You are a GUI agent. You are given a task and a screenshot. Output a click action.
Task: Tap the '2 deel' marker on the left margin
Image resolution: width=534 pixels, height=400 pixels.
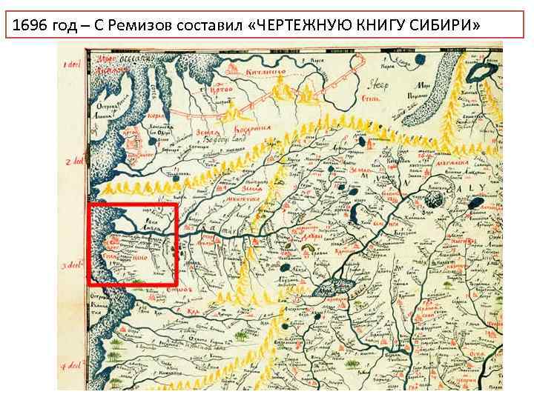tap(73, 161)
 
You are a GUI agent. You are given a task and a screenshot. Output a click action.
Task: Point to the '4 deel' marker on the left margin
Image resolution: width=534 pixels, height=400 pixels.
tap(73, 366)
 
